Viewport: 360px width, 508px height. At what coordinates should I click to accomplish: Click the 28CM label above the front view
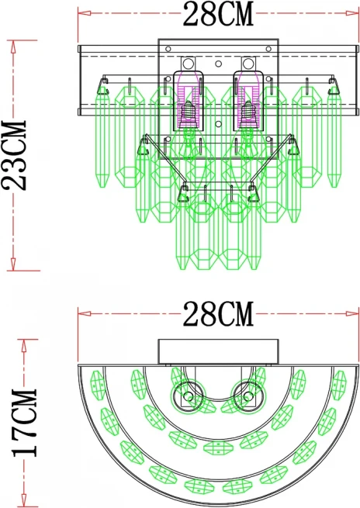click(218, 15)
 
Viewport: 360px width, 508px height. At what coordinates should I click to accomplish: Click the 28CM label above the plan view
click(218, 314)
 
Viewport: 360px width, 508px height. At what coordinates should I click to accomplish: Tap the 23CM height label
click(14, 155)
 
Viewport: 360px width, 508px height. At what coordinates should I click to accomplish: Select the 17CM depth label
click(25, 423)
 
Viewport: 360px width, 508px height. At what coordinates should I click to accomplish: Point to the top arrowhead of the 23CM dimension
click(13, 47)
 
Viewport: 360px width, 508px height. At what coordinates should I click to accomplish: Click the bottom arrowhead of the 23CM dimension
click(13, 264)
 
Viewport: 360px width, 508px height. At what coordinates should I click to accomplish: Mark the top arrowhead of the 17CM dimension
click(23, 346)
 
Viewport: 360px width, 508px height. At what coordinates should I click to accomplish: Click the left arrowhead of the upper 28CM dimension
click(85, 13)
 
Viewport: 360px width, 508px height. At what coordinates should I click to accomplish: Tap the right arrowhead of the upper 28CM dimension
click(352, 13)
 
